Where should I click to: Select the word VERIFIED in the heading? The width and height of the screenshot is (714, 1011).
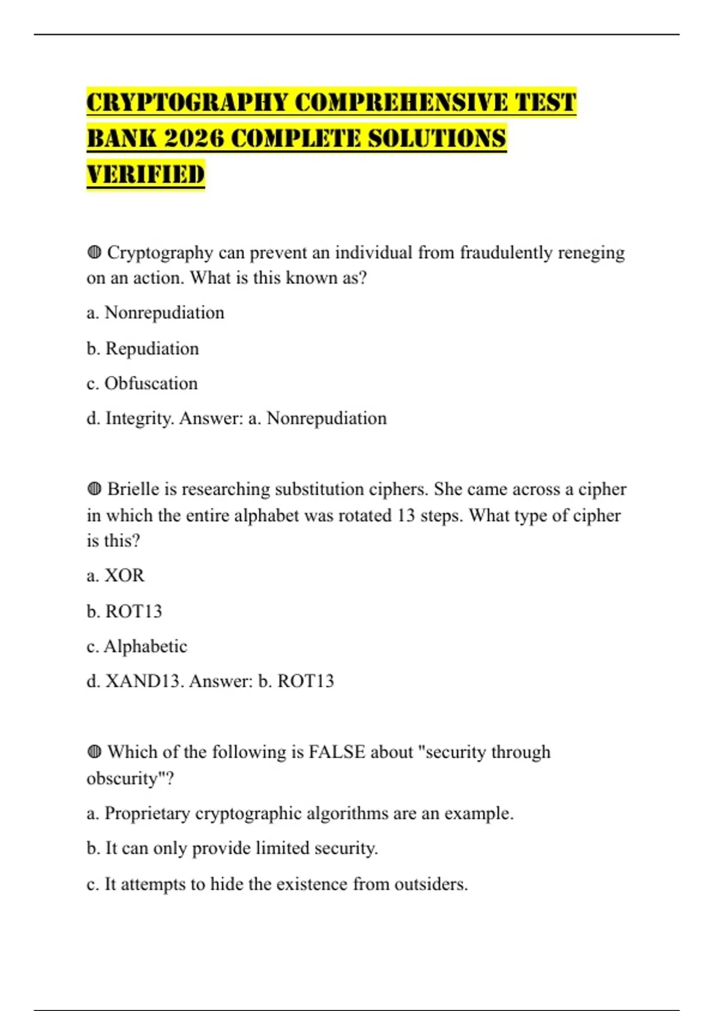[x=146, y=175]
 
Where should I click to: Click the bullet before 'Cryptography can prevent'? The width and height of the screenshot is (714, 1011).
[x=94, y=253]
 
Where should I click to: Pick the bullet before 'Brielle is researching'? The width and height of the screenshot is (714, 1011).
[x=94, y=489]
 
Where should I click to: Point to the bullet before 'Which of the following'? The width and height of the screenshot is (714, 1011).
[x=94, y=752]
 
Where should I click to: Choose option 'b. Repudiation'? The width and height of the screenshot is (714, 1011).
[x=143, y=348]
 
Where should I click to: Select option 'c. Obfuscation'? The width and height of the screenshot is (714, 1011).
[x=142, y=384]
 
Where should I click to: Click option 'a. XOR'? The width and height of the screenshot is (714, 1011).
[x=115, y=576]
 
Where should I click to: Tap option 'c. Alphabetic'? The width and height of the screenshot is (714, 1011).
[x=137, y=646]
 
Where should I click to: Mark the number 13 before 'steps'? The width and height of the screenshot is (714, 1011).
[x=406, y=515]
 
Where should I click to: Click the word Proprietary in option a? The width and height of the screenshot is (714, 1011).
[x=147, y=814]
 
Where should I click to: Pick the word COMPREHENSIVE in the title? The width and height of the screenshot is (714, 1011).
[x=402, y=102]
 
